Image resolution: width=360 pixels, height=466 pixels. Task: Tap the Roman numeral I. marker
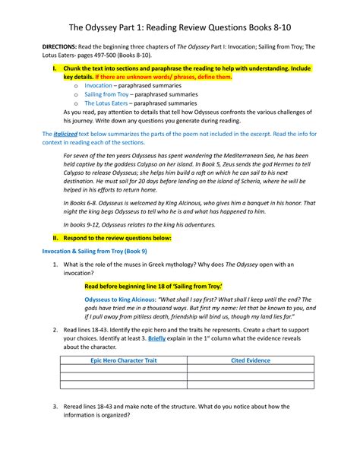54,69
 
